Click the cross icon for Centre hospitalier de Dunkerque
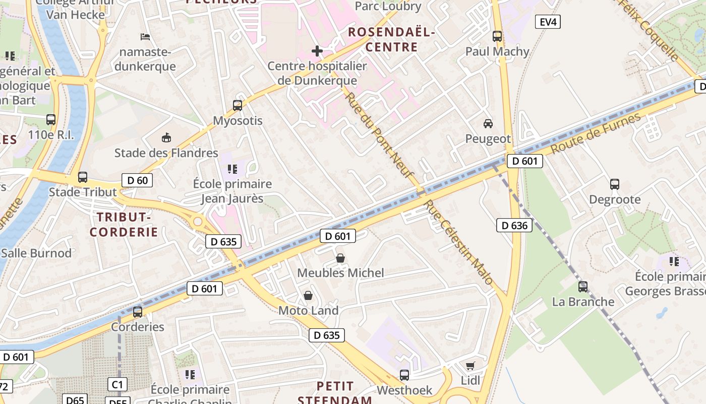(x=317, y=50)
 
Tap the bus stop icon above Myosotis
(x=238, y=106)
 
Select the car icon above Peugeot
(x=488, y=123)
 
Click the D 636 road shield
(x=514, y=225)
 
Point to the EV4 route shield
(x=547, y=22)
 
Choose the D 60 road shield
(x=137, y=180)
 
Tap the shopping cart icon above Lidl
(x=470, y=366)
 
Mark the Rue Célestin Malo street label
(x=459, y=242)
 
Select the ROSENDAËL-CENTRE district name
(x=391, y=40)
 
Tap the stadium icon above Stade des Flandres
(x=166, y=137)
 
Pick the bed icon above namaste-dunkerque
(x=145, y=37)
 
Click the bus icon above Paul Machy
(x=497, y=36)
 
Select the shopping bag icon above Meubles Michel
(x=340, y=258)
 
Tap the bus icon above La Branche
(x=583, y=287)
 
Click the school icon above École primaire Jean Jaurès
(x=232, y=169)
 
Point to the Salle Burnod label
(x=36, y=253)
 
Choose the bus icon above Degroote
(x=615, y=184)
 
